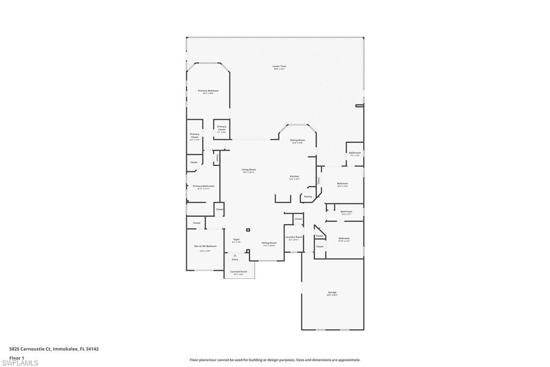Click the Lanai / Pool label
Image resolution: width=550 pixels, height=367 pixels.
[x=276, y=66]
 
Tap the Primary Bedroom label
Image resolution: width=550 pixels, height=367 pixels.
[x=208, y=91]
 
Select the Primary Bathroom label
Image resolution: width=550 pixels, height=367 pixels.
[x=204, y=186]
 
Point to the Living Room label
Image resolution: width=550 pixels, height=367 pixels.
[x=249, y=170]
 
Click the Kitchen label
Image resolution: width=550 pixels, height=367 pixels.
[x=294, y=177]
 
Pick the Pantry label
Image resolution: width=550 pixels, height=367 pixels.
[x=308, y=196]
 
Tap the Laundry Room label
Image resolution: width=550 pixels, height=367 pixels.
[x=294, y=237]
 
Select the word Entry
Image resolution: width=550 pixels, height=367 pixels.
[x=235, y=259]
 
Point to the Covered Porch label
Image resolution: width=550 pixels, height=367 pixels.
[x=239, y=272]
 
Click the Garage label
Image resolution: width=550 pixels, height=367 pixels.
[x=332, y=293]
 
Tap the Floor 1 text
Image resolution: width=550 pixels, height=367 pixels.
[x=17, y=357]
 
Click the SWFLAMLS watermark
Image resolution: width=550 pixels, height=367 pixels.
[x=20, y=363]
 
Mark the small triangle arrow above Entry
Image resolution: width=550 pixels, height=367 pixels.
[x=235, y=255]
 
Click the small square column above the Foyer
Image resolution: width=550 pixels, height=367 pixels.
[x=248, y=230]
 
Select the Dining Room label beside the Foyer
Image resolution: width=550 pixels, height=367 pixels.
[x=269, y=243]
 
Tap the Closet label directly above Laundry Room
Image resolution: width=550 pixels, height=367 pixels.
[x=298, y=219]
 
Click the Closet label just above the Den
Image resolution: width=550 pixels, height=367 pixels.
[x=197, y=223]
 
